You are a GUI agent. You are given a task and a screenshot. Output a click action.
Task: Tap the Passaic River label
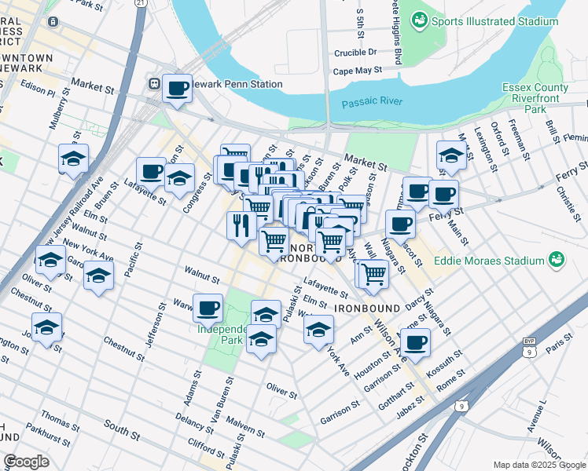click(x=372, y=101)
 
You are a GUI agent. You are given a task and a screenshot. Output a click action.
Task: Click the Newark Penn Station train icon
click(x=154, y=83)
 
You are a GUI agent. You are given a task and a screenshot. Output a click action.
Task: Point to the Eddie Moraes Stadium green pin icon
click(x=557, y=260)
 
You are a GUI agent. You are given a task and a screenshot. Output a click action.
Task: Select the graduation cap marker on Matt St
click(x=450, y=155)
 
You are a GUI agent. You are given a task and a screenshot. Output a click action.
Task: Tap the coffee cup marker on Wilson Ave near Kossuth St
click(x=416, y=342)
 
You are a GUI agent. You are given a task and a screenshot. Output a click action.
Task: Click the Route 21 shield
click(x=140, y=3)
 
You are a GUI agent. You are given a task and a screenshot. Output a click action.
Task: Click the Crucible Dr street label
click(x=355, y=53)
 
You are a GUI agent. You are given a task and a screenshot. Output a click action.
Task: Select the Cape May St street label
click(x=357, y=71)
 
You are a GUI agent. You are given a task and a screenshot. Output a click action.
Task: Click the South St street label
click(x=120, y=429)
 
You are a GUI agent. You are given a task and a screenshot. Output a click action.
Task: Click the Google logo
click(x=26, y=462)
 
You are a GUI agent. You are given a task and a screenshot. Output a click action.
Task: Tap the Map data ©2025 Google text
click(x=539, y=465)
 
